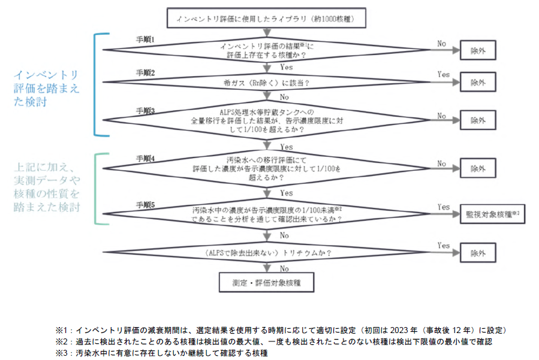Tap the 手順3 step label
144,111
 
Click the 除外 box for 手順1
478,51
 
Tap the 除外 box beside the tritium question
478,253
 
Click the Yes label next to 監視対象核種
444,207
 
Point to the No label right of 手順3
442,115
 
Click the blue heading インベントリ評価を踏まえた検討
47,87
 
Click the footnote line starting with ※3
161,353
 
